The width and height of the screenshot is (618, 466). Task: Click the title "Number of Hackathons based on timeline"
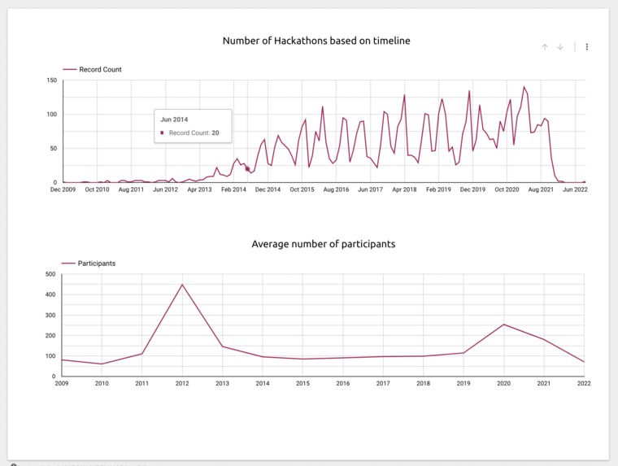coord(316,41)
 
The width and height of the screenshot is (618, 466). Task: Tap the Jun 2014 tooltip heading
coord(175,120)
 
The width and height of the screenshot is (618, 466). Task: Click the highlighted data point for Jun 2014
coord(247,169)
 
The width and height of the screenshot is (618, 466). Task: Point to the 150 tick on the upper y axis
coord(51,81)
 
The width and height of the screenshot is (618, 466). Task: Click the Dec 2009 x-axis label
coord(63,189)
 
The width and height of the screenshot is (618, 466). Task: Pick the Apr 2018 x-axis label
coord(404,189)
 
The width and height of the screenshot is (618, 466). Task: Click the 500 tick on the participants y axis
coord(50,274)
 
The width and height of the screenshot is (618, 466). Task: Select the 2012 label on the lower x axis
coord(181,383)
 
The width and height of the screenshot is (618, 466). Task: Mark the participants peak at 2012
coord(182,285)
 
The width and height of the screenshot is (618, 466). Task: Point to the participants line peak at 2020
coord(504,324)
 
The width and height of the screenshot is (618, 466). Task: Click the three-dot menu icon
coord(587,47)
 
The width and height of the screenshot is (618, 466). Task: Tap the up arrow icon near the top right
coord(545,47)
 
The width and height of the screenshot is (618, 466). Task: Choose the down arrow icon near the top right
coord(560,47)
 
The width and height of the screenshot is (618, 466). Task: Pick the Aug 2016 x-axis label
coord(336,189)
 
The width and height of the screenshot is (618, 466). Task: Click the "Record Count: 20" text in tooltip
coord(194,132)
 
